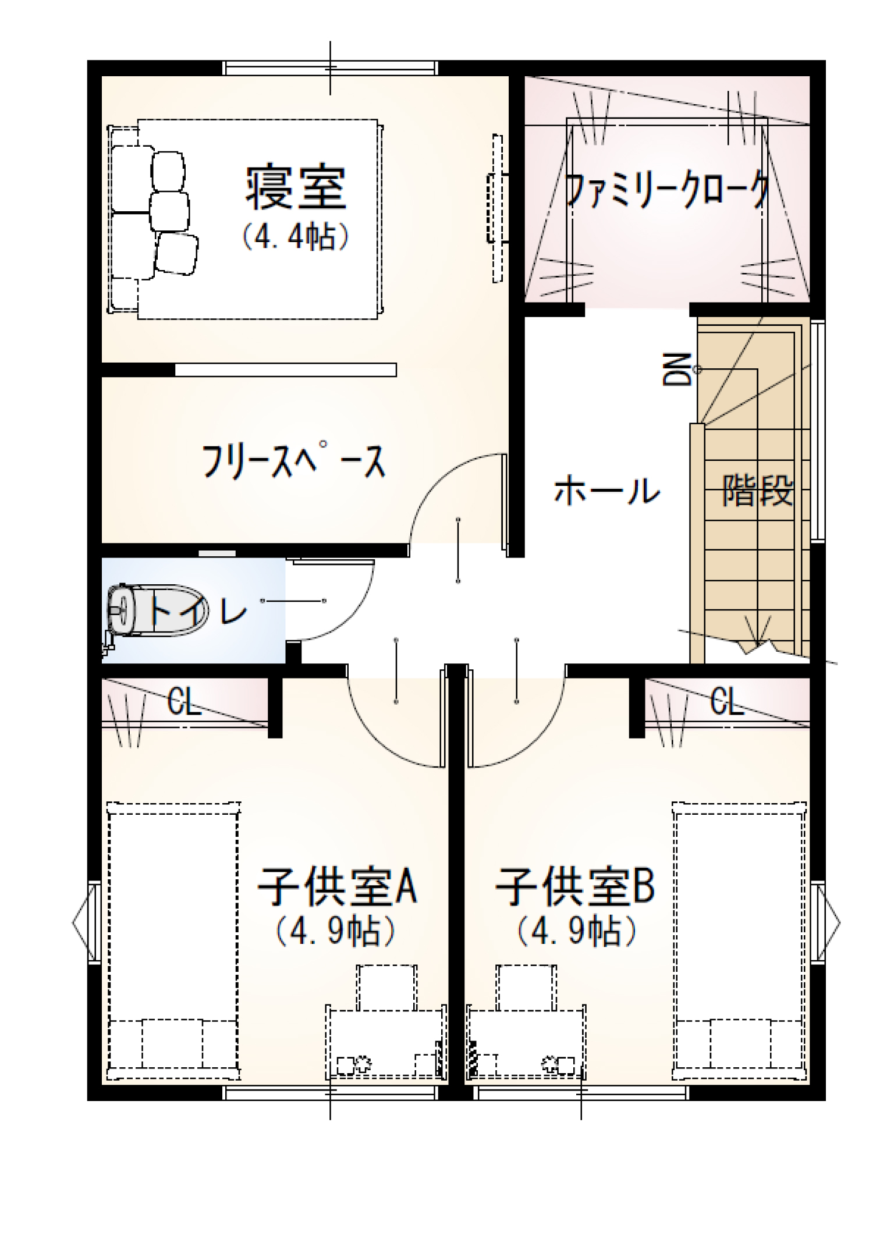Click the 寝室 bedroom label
tap(295, 187)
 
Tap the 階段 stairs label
tap(758, 490)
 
